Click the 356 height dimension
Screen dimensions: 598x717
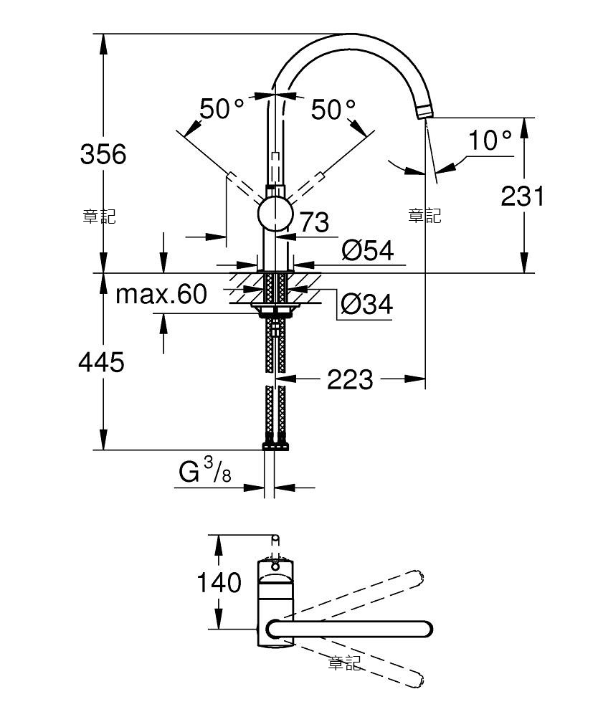103,154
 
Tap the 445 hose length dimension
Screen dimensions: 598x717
102,363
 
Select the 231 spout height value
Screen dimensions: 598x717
523,196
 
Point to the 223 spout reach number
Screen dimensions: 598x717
350,379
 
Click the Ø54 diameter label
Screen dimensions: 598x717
368,250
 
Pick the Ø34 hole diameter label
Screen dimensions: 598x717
366,304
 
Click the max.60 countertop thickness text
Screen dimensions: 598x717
161,294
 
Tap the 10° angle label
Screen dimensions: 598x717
490,140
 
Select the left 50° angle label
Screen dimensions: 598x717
222,109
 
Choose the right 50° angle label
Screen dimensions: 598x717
333,109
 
